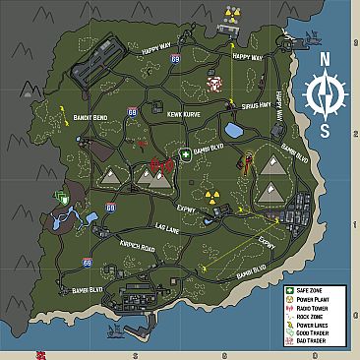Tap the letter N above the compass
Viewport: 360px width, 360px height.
click(324, 59)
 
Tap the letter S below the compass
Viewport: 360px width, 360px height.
click(324, 130)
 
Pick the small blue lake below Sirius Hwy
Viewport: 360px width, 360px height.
click(235, 130)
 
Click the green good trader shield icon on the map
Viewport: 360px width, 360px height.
click(64, 197)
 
